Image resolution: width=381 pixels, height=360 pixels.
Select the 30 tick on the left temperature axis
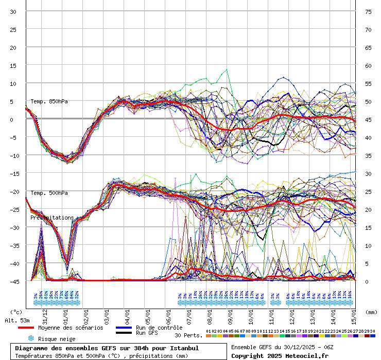coord(13,12)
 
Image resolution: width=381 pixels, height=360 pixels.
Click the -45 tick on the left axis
coord(13,281)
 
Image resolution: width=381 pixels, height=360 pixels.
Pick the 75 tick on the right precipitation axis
coord(368,12)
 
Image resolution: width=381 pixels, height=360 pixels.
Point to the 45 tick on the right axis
coord(368,120)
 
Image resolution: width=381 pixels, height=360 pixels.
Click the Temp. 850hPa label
coord(49,101)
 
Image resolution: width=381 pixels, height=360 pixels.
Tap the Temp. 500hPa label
coord(49,193)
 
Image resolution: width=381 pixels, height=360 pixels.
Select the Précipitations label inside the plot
coord(52,218)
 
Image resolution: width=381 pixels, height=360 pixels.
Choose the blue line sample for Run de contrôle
coord(124,328)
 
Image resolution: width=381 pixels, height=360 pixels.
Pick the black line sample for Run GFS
coord(124,333)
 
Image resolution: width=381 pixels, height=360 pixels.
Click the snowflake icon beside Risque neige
coord(31,339)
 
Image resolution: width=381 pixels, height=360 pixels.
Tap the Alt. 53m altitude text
coord(15,320)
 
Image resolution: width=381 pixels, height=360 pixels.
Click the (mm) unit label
coord(372,312)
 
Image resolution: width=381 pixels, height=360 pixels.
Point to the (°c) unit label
coord(16,312)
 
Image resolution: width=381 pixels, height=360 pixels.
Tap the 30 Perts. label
coord(188,335)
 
